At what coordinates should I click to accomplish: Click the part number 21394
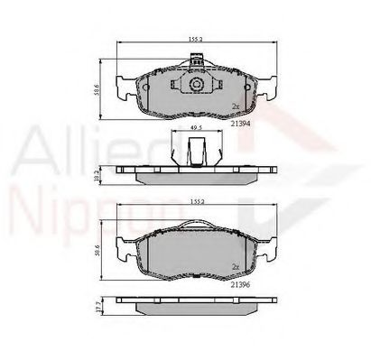[241, 125]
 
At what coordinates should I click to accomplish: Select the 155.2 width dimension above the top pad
[194, 40]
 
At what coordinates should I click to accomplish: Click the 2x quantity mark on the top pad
[236, 106]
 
